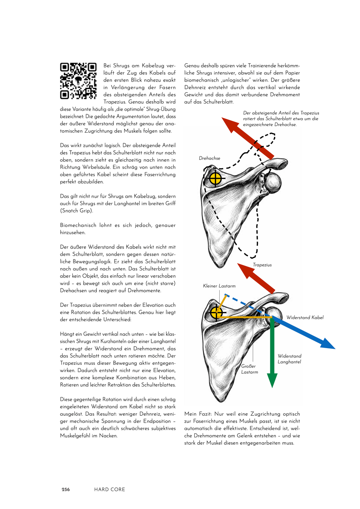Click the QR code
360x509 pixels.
point(78,81)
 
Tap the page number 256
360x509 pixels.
point(66,489)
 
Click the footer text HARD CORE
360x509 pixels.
point(109,489)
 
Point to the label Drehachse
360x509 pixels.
point(209,158)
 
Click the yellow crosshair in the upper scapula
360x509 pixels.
point(215,179)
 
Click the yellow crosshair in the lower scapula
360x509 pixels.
point(217,313)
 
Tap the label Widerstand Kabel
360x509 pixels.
point(305,317)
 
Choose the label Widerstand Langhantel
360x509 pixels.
point(289,359)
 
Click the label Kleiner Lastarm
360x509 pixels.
point(219,286)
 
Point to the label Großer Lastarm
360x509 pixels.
point(249,369)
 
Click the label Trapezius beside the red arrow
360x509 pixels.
point(262,265)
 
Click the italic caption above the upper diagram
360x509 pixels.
point(281,119)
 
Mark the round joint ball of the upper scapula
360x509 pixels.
point(273,182)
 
